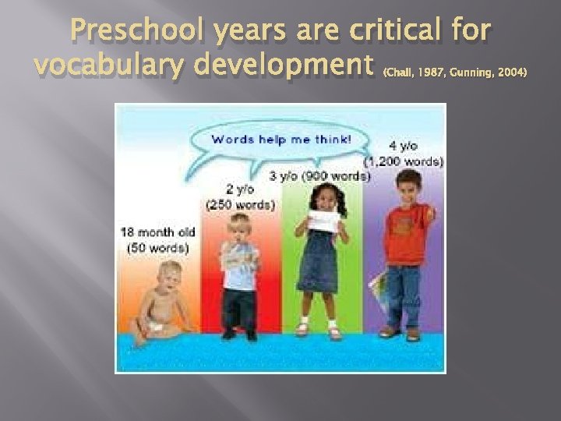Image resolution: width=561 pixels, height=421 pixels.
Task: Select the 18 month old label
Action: [x=154, y=232]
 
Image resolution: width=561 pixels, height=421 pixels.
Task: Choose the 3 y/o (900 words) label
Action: [x=319, y=176]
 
